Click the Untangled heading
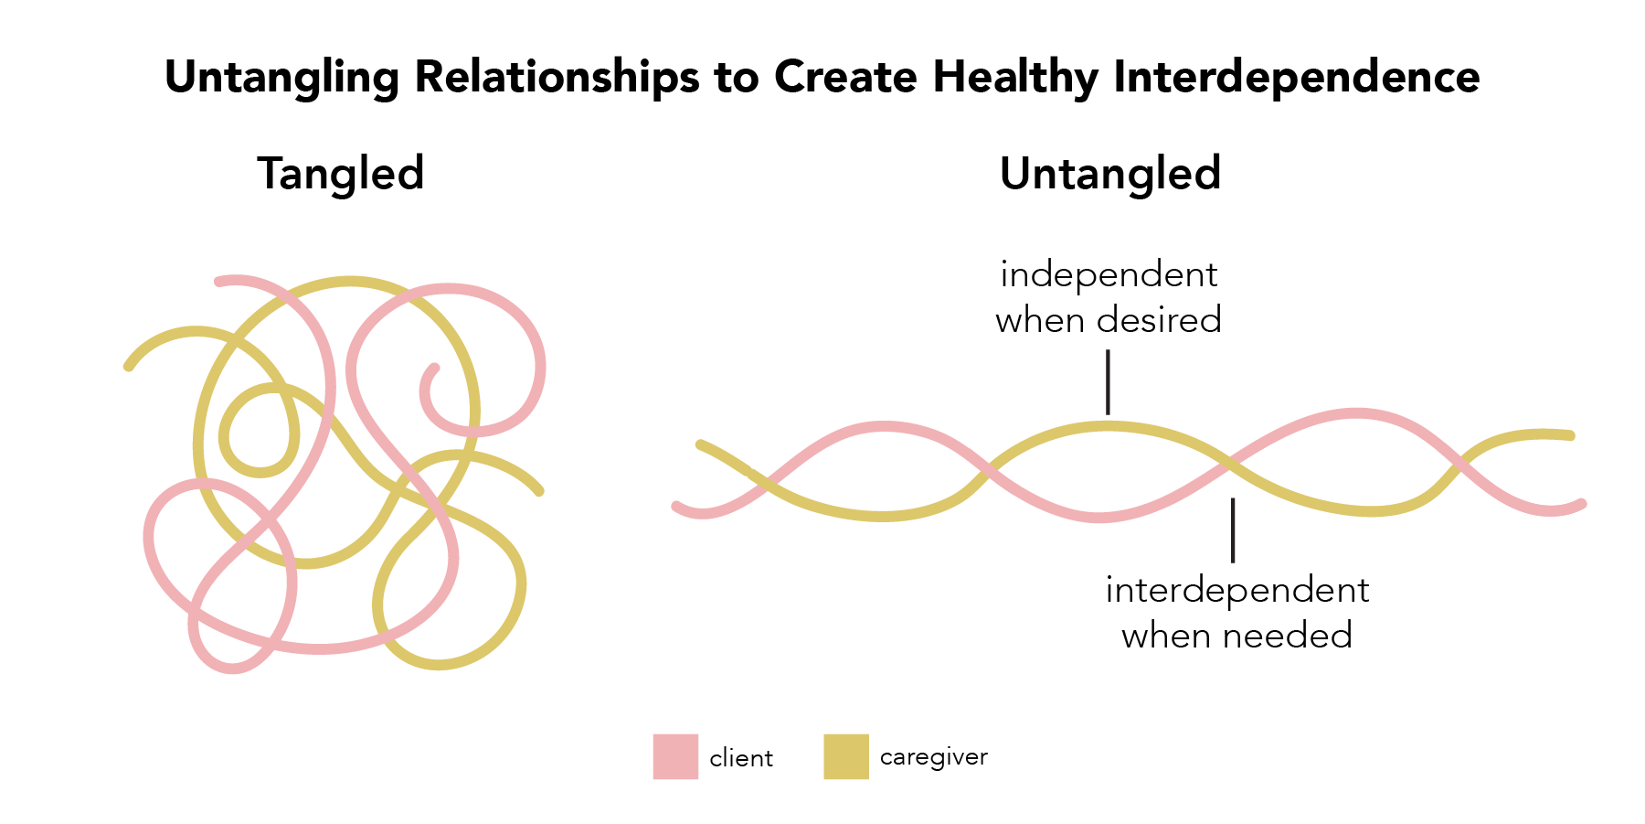(x=1110, y=174)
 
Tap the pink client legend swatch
(x=675, y=756)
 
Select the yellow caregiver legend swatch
(x=846, y=756)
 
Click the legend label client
(x=741, y=758)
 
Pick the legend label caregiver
(x=934, y=758)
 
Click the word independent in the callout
(x=1109, y=274)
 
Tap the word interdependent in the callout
(x=1237, y=590)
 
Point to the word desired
(x=1159, y=320)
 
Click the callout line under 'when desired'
(x=1108, y=382)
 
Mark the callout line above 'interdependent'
(x=1233, y=530)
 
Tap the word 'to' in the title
(x=737, y=79)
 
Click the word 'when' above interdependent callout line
(x=1041, y=320)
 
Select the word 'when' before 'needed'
(x=1168, y=636)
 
